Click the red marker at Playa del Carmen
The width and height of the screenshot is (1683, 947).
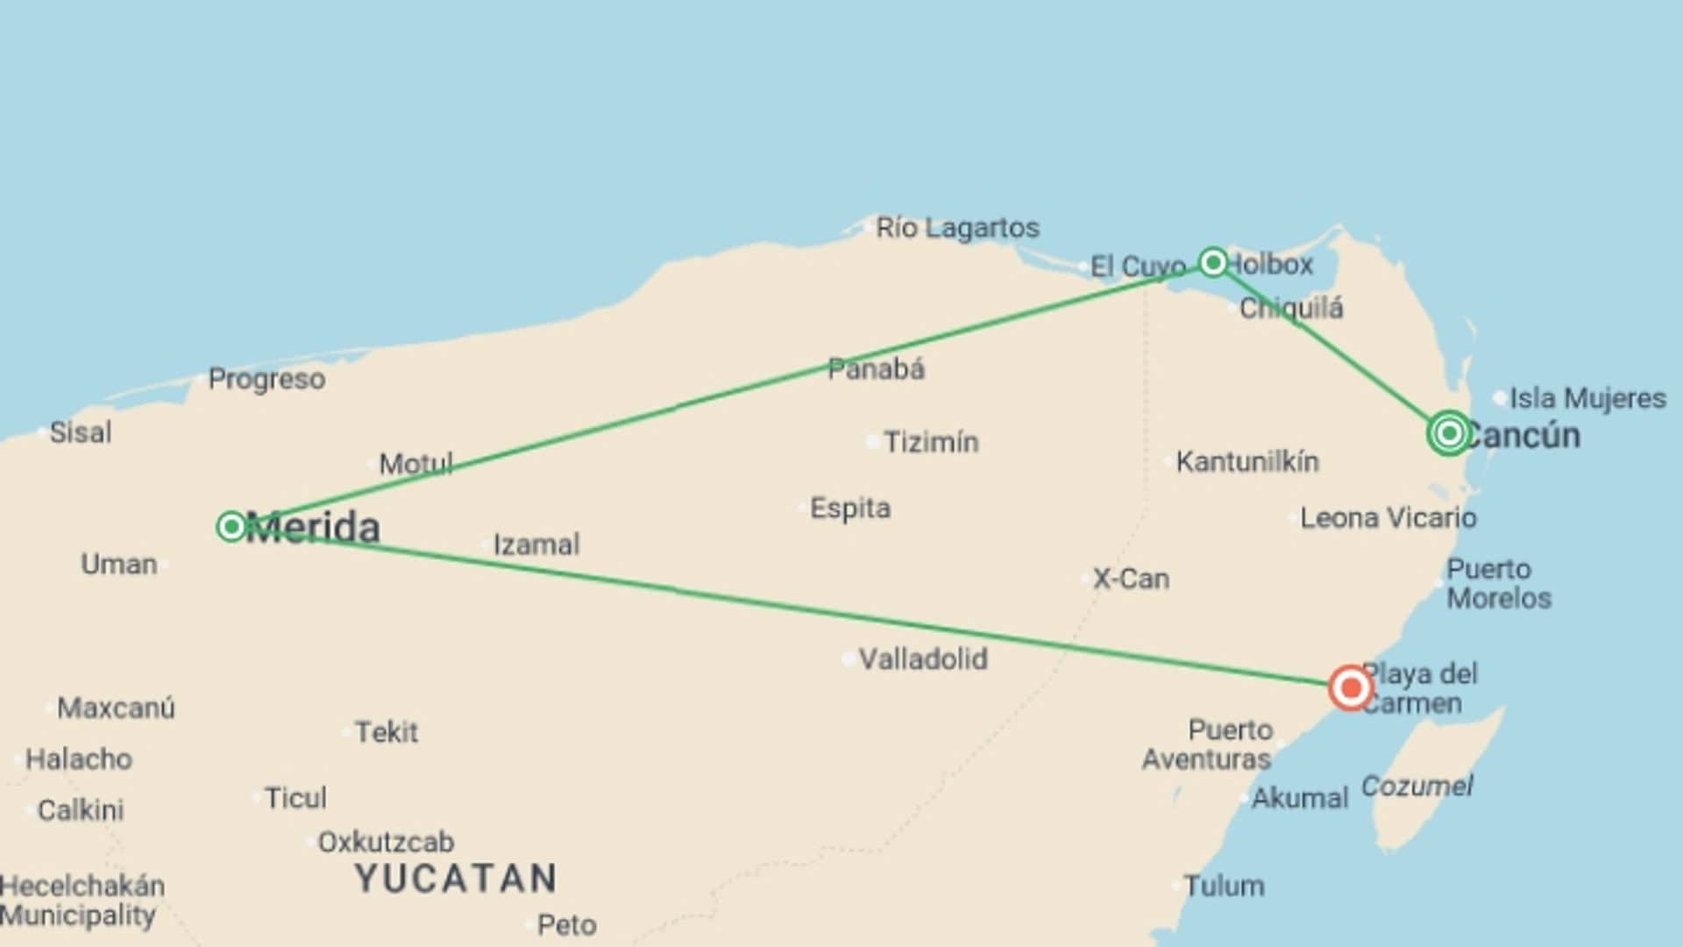pos(1350,687)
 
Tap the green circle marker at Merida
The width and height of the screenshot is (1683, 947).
pos(231,526)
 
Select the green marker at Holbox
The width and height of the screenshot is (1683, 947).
pos(1213,261)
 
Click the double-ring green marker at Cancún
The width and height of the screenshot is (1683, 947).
pos(1449,432)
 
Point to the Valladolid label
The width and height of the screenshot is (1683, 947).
pos(923,659)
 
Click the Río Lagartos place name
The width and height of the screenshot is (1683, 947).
pos(957,228)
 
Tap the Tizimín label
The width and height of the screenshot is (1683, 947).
pos(930,442)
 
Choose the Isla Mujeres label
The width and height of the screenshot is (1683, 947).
pos(1587,398)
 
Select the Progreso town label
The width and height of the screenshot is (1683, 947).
pos(266,379)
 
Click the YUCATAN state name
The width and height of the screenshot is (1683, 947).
pos(456,878)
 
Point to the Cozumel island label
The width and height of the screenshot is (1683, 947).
pos(1417,786)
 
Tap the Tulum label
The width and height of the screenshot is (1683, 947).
pos(1224,886)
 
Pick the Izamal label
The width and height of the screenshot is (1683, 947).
pos(536,545)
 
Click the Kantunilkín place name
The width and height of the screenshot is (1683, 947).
pos(1246,461)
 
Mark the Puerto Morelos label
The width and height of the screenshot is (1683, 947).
pos(1498,584)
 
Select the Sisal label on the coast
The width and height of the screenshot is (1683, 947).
pos(81,432)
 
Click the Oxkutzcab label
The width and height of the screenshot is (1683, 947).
pos(386,842)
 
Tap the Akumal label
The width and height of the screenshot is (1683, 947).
pos(1299,798)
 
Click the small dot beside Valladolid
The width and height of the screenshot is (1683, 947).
pos(849,659)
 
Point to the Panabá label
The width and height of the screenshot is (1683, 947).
pos(876,369)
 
